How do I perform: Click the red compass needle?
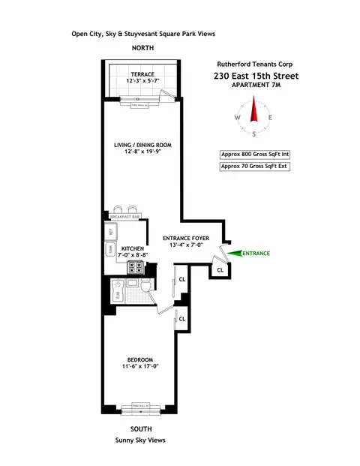tap(253, 113)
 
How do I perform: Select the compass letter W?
tap(238, 118)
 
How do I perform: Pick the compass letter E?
tap(270, 118)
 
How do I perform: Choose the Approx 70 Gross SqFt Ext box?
tap(253, 167)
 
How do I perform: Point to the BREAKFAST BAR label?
tap(125, 216)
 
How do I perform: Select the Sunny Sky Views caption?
tap(140, 440)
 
